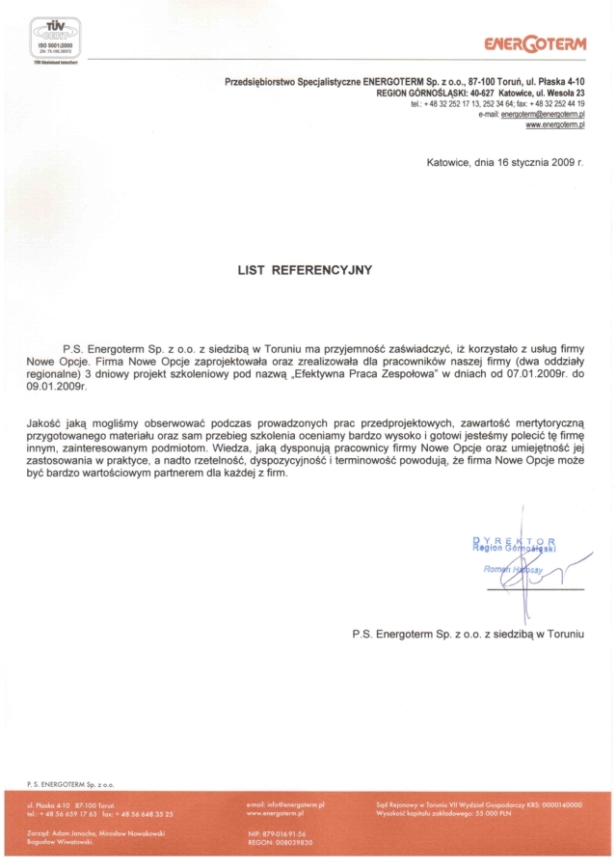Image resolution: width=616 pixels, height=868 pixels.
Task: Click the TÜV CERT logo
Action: [55, 40]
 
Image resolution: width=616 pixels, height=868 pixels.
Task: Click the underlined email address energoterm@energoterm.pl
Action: [544, 114]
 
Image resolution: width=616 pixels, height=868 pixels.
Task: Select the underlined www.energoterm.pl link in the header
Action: [555, 125]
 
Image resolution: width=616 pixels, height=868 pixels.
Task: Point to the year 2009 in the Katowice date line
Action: [563, 163]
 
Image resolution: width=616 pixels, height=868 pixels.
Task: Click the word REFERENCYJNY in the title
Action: [322, 271]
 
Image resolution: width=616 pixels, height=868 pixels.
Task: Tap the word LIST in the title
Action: [253, 271]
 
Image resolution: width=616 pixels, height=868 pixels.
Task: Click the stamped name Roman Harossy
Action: [514, 570]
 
